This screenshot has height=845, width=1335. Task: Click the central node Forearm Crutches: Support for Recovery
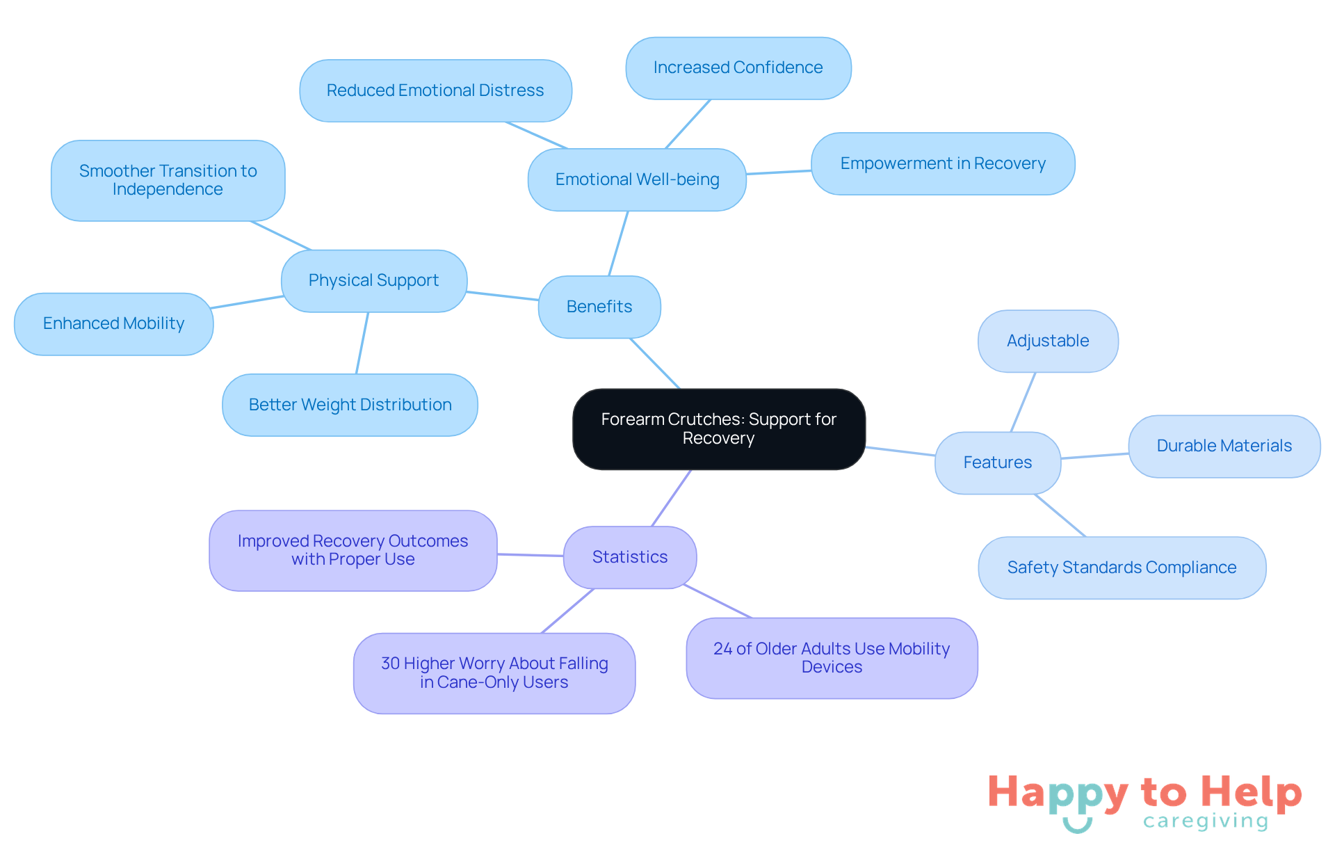click(718, 428)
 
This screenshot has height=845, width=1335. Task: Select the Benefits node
click(599, 307)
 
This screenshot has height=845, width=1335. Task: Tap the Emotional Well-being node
click(637, 179)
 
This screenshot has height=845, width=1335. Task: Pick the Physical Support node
click(373, 280)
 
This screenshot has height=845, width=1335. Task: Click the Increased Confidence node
click(738, 67)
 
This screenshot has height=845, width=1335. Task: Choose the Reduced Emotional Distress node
click(435, 90)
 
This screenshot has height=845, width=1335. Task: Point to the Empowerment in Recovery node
click(942, 163)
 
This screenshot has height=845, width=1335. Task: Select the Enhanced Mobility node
click(113, 323)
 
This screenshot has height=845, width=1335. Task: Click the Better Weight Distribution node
click(350, 405)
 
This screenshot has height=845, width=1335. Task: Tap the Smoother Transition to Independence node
click(168, 180)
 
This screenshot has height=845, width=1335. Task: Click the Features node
click(997, 462)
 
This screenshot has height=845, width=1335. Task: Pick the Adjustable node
click(1047, 341)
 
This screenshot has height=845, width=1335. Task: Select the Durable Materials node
click(1224, 446)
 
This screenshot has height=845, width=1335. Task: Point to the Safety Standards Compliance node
click(1122, 568)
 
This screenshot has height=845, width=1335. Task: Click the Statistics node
click(629, 557)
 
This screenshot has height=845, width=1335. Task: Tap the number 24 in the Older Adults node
click(722, 649)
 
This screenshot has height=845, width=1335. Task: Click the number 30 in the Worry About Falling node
click(390, 663)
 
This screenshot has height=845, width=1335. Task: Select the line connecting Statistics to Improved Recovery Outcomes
click(530, 555)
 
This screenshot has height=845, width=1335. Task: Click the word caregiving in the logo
click(1205, 821)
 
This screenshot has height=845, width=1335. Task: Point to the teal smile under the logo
click(1077, 826)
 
